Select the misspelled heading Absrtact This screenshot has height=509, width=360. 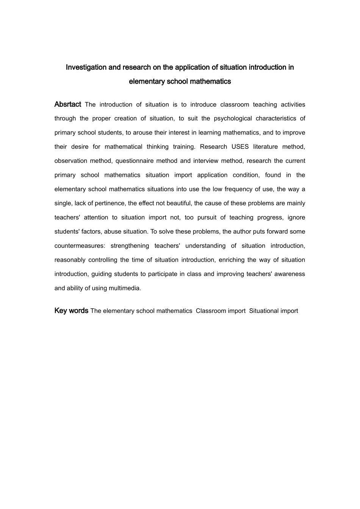click(x=68, y=104)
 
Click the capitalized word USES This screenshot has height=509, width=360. click(x=240, y=147)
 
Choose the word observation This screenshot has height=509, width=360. click(x=70, y=161)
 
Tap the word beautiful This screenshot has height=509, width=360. click(x=178, y=203)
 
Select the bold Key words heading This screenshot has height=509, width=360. click(x=71, y=311)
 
